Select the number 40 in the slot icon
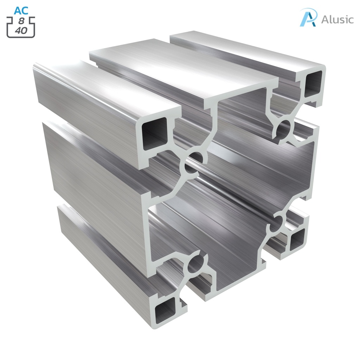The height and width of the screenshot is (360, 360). coord(21,31)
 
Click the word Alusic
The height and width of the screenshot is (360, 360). coord(337,19)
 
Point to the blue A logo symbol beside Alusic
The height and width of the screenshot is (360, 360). coord(308,17)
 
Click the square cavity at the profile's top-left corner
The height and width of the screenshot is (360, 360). coord(154,134)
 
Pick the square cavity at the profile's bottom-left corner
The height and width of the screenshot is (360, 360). coord(165,311)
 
